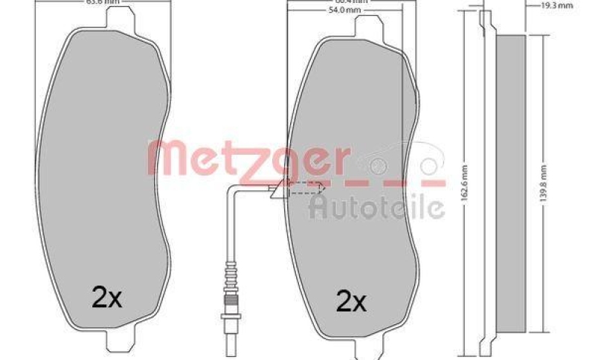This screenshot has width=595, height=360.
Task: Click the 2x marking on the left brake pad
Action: click(x=106, y=298)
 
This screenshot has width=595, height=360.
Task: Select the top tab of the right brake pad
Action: click(x=370, y=27)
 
